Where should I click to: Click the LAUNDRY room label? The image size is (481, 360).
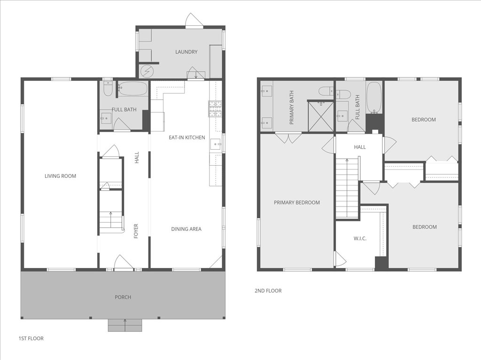click(x=186, y=52)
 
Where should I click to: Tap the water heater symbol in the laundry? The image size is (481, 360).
click(x=147, y=71)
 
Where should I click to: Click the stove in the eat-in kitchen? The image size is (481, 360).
click(x=215, y=109)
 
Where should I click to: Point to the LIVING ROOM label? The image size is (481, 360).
click(x=60, y=176)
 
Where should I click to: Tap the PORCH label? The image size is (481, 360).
click(x=123, y=297)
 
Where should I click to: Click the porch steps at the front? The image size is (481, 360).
click(x=125, y=325)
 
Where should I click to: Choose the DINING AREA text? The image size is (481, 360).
click(x=186, y=229)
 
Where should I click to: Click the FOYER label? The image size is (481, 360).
click(x=136, y=231)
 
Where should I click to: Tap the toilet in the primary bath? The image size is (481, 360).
click(x=326, y=91)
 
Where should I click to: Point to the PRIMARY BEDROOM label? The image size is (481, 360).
click(x=297, y=203)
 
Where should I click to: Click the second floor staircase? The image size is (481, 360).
click(x=347, y=188)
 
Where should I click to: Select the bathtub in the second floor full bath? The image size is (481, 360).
click(x=374, y=98)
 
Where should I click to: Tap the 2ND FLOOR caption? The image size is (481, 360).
click(x=268, y=291)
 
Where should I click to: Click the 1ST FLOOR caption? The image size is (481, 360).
click(x=31, y=338)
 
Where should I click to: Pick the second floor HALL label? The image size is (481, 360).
click(x=360, y=147)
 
